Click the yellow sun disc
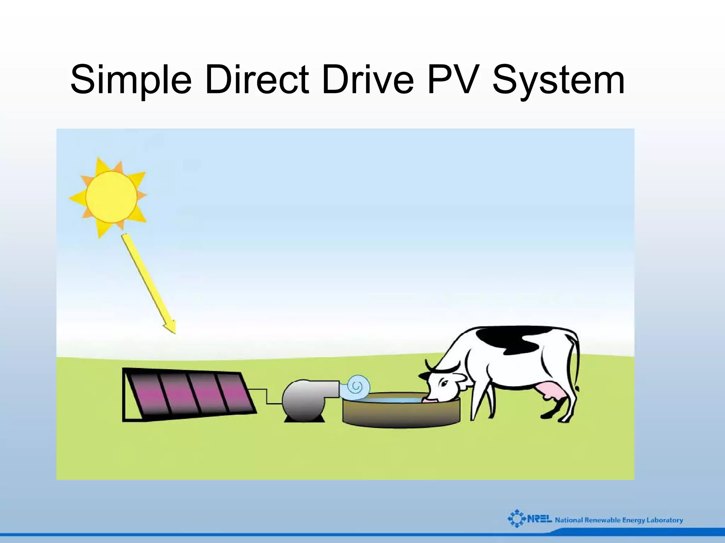coord(111,197)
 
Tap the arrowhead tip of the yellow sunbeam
coord(174,332)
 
